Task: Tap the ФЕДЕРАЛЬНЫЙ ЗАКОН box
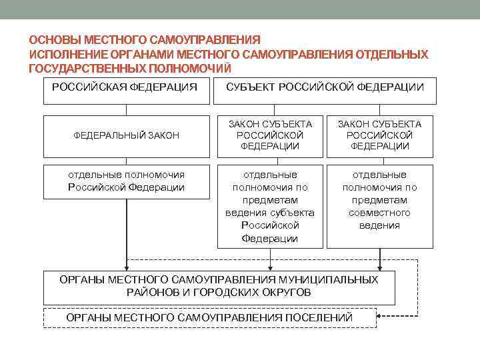click(126, 135)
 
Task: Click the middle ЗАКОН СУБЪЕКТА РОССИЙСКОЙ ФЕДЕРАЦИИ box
click(270, 135)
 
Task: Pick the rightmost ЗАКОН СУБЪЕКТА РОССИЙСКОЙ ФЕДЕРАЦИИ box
click(379, 135)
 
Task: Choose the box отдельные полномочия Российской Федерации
click(126, 181)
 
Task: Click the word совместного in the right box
click(379, 213)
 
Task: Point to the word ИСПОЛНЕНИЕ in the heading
click(64, 54)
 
